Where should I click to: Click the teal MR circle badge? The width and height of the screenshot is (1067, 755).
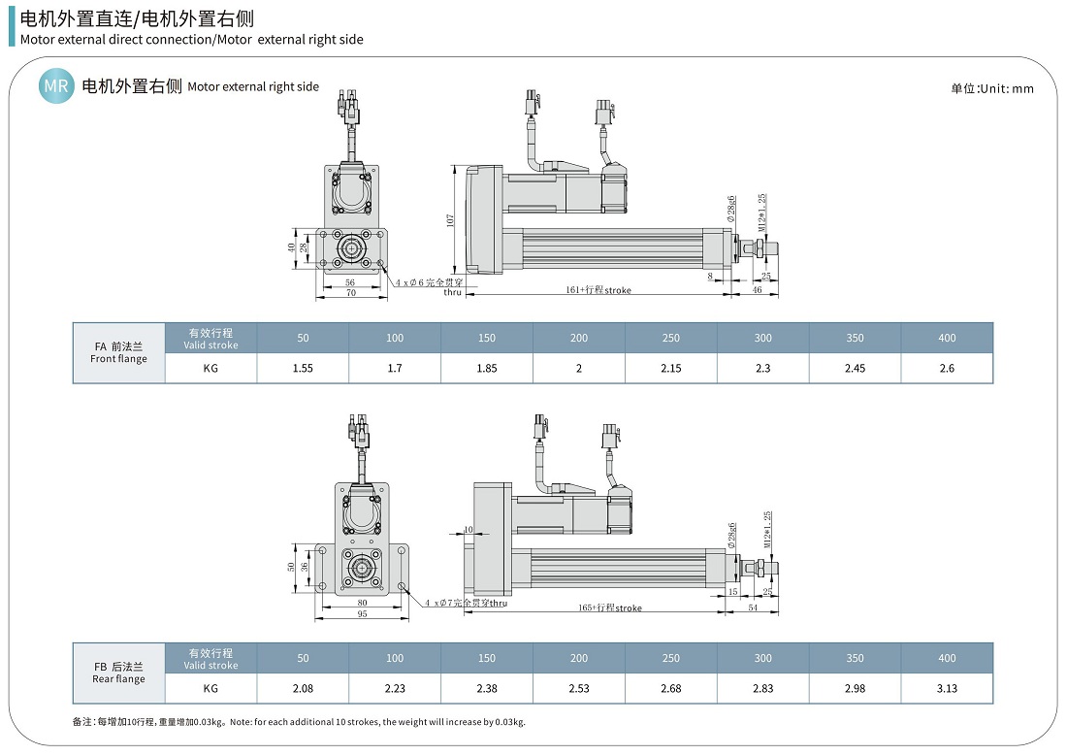coord(56,86)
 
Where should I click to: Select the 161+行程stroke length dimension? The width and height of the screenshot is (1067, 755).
coord(598,290)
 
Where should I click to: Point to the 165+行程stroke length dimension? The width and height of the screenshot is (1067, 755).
coord(610,608)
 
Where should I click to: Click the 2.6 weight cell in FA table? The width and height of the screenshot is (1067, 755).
coord(947,368)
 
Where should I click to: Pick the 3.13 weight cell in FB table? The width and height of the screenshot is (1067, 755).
coord(947,688)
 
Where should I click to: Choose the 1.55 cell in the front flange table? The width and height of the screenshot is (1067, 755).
coord(303,368)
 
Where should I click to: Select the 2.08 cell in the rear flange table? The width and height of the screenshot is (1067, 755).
coord(303,688)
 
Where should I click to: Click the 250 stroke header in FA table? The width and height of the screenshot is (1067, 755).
coord(670,338)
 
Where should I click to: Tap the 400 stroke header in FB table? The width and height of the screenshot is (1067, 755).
coord(947,658)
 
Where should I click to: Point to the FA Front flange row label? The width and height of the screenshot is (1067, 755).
coord(118,352)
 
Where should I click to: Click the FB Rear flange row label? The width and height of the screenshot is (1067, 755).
coord(118,673)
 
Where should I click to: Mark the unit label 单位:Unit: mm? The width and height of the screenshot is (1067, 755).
coord(991,88)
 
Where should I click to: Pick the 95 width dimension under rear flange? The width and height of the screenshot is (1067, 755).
coord(361,613)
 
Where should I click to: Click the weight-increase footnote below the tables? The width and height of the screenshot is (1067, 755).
coord(299,721)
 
